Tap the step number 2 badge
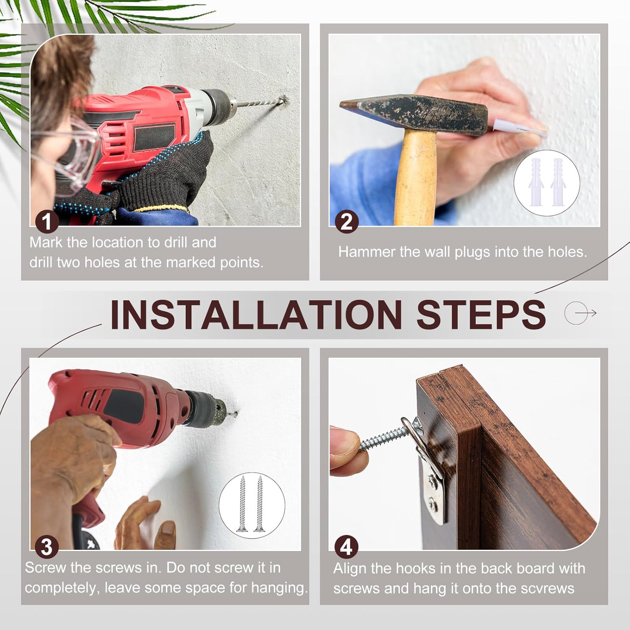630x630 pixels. point(346,222)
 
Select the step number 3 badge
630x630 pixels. point(47,547)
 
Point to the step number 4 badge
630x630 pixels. point(346,547)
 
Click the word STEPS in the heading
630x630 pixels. point(481,314)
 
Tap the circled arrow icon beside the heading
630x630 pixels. point(580,313)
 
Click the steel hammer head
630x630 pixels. point(414,114)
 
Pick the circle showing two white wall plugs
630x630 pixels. point(547,183)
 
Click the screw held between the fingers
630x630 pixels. point(384,438)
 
